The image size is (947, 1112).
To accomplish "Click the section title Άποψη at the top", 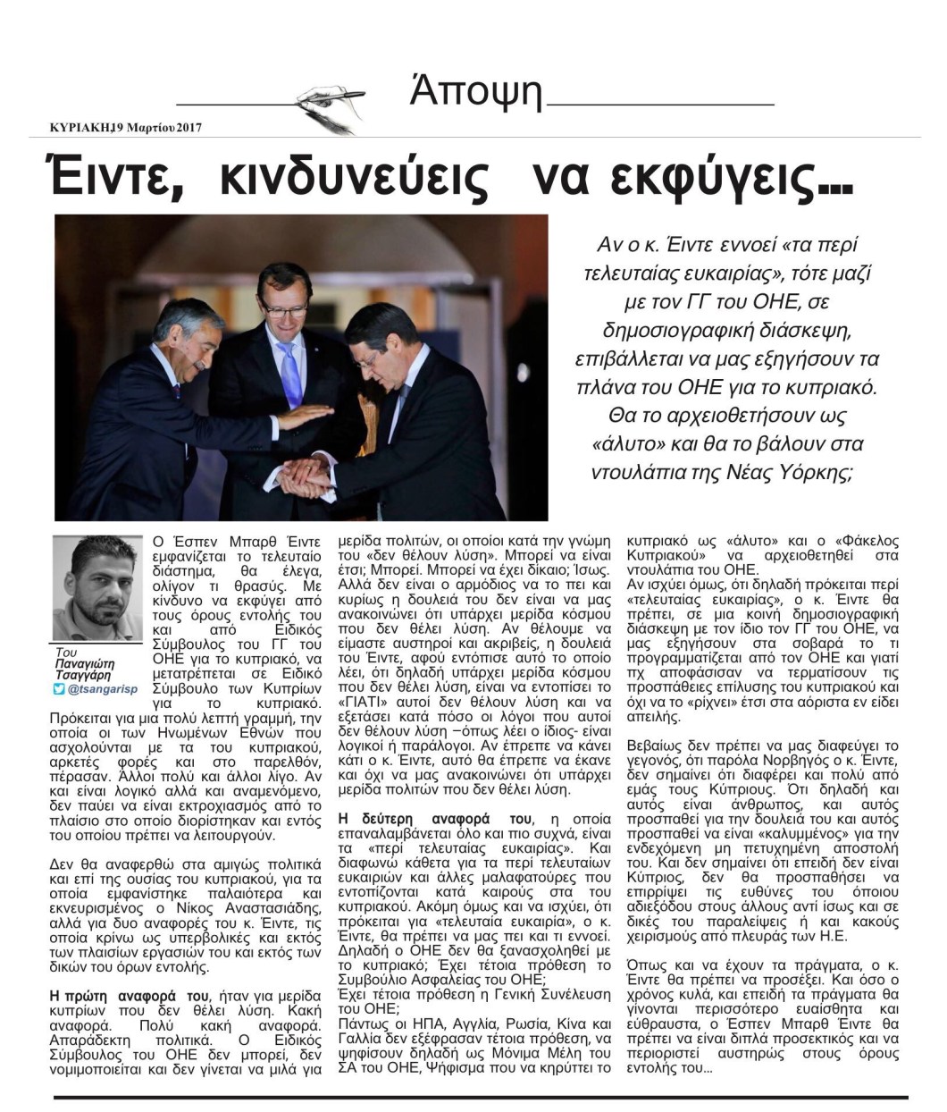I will [476, 92].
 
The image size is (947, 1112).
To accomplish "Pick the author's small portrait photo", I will [97, 586].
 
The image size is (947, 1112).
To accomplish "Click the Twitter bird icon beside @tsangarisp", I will [59, 689].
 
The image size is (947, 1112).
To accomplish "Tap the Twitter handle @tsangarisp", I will [104, 689].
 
